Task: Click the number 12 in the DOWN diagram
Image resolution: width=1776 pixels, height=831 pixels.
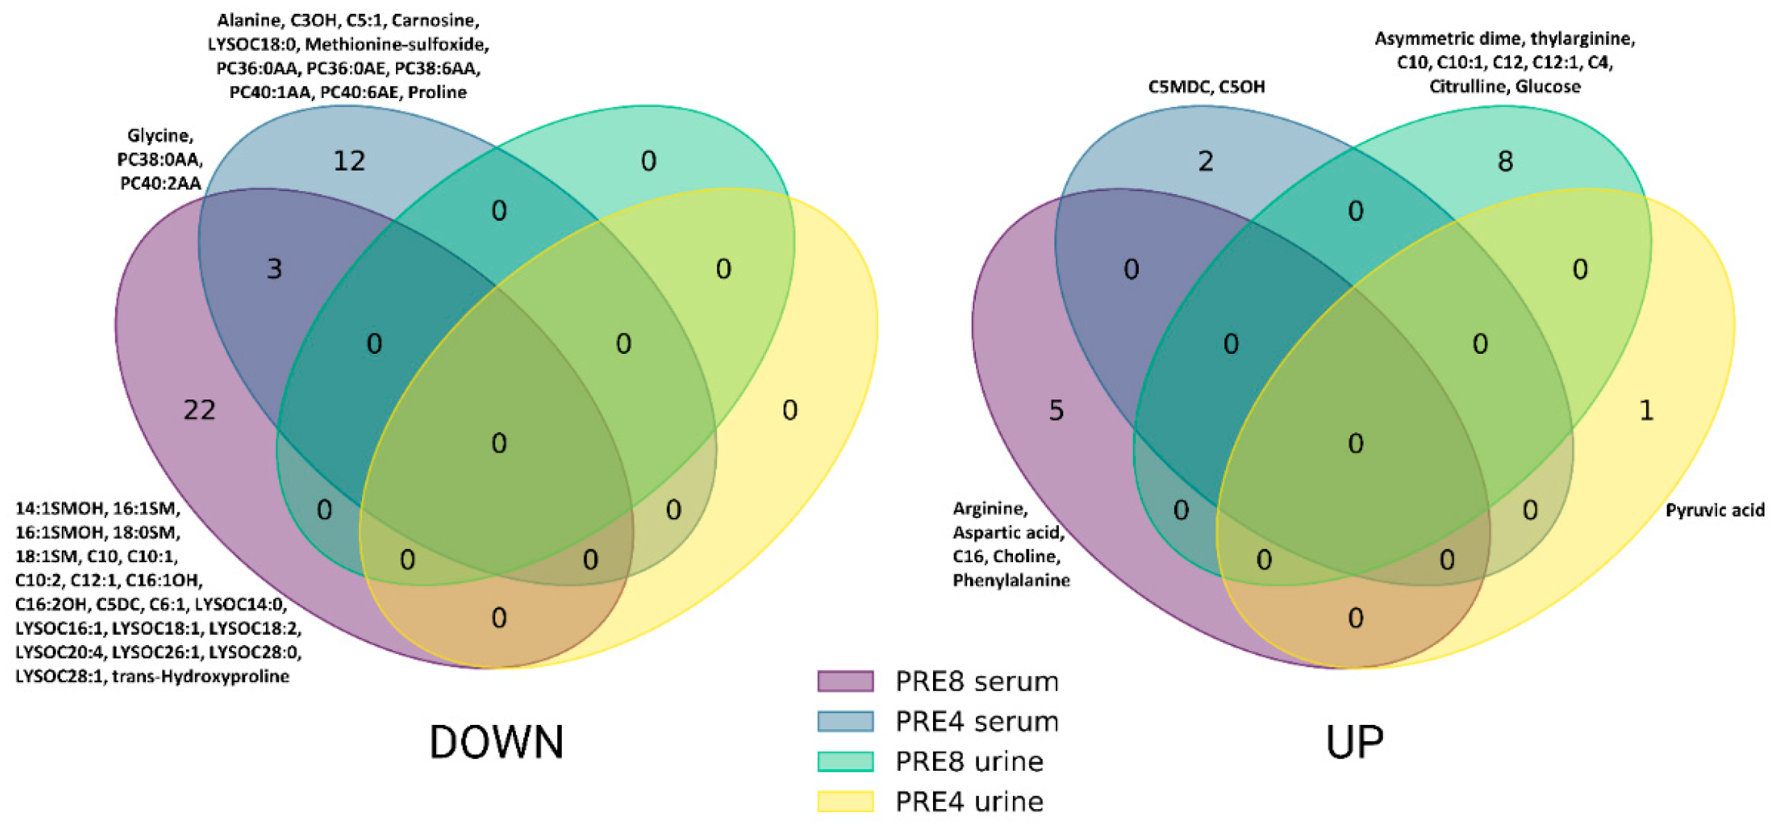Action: click(349, 161)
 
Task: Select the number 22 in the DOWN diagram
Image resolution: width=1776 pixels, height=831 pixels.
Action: click(199, 410)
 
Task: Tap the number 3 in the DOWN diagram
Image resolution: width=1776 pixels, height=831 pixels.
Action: click(274, 269)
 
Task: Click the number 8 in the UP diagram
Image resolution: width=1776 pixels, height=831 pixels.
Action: click(1505, 161)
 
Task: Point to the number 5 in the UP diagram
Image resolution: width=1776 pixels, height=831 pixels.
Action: click(1056, 410)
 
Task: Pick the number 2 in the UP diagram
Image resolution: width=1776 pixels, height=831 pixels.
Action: click(1206, 161)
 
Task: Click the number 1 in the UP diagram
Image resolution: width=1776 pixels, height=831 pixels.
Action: click(1647, 410)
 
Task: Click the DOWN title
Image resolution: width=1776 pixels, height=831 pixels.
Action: click(496, 742)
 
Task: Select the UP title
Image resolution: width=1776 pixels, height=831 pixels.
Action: click(1355, 742)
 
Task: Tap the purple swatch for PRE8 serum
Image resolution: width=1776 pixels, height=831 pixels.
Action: click(845, 681)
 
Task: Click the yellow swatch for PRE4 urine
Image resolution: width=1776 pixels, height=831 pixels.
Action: click(845, 800)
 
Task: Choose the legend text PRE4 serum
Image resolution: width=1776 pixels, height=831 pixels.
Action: click(977, 721)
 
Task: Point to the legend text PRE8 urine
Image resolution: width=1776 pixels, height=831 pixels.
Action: click(969, 761)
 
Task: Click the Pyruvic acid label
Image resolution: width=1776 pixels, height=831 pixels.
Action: click(1715, 510)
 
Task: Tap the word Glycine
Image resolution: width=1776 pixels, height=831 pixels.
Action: click(159, 135)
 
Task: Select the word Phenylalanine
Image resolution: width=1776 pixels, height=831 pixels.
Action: click(1011, 580)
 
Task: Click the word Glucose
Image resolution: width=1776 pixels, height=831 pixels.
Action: click(1548, 86)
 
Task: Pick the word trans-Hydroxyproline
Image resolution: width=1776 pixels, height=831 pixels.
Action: click(201, 676)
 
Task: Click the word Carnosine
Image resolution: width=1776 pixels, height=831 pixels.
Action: click(435, 20)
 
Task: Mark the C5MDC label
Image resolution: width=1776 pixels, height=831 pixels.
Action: click(1177, 86)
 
